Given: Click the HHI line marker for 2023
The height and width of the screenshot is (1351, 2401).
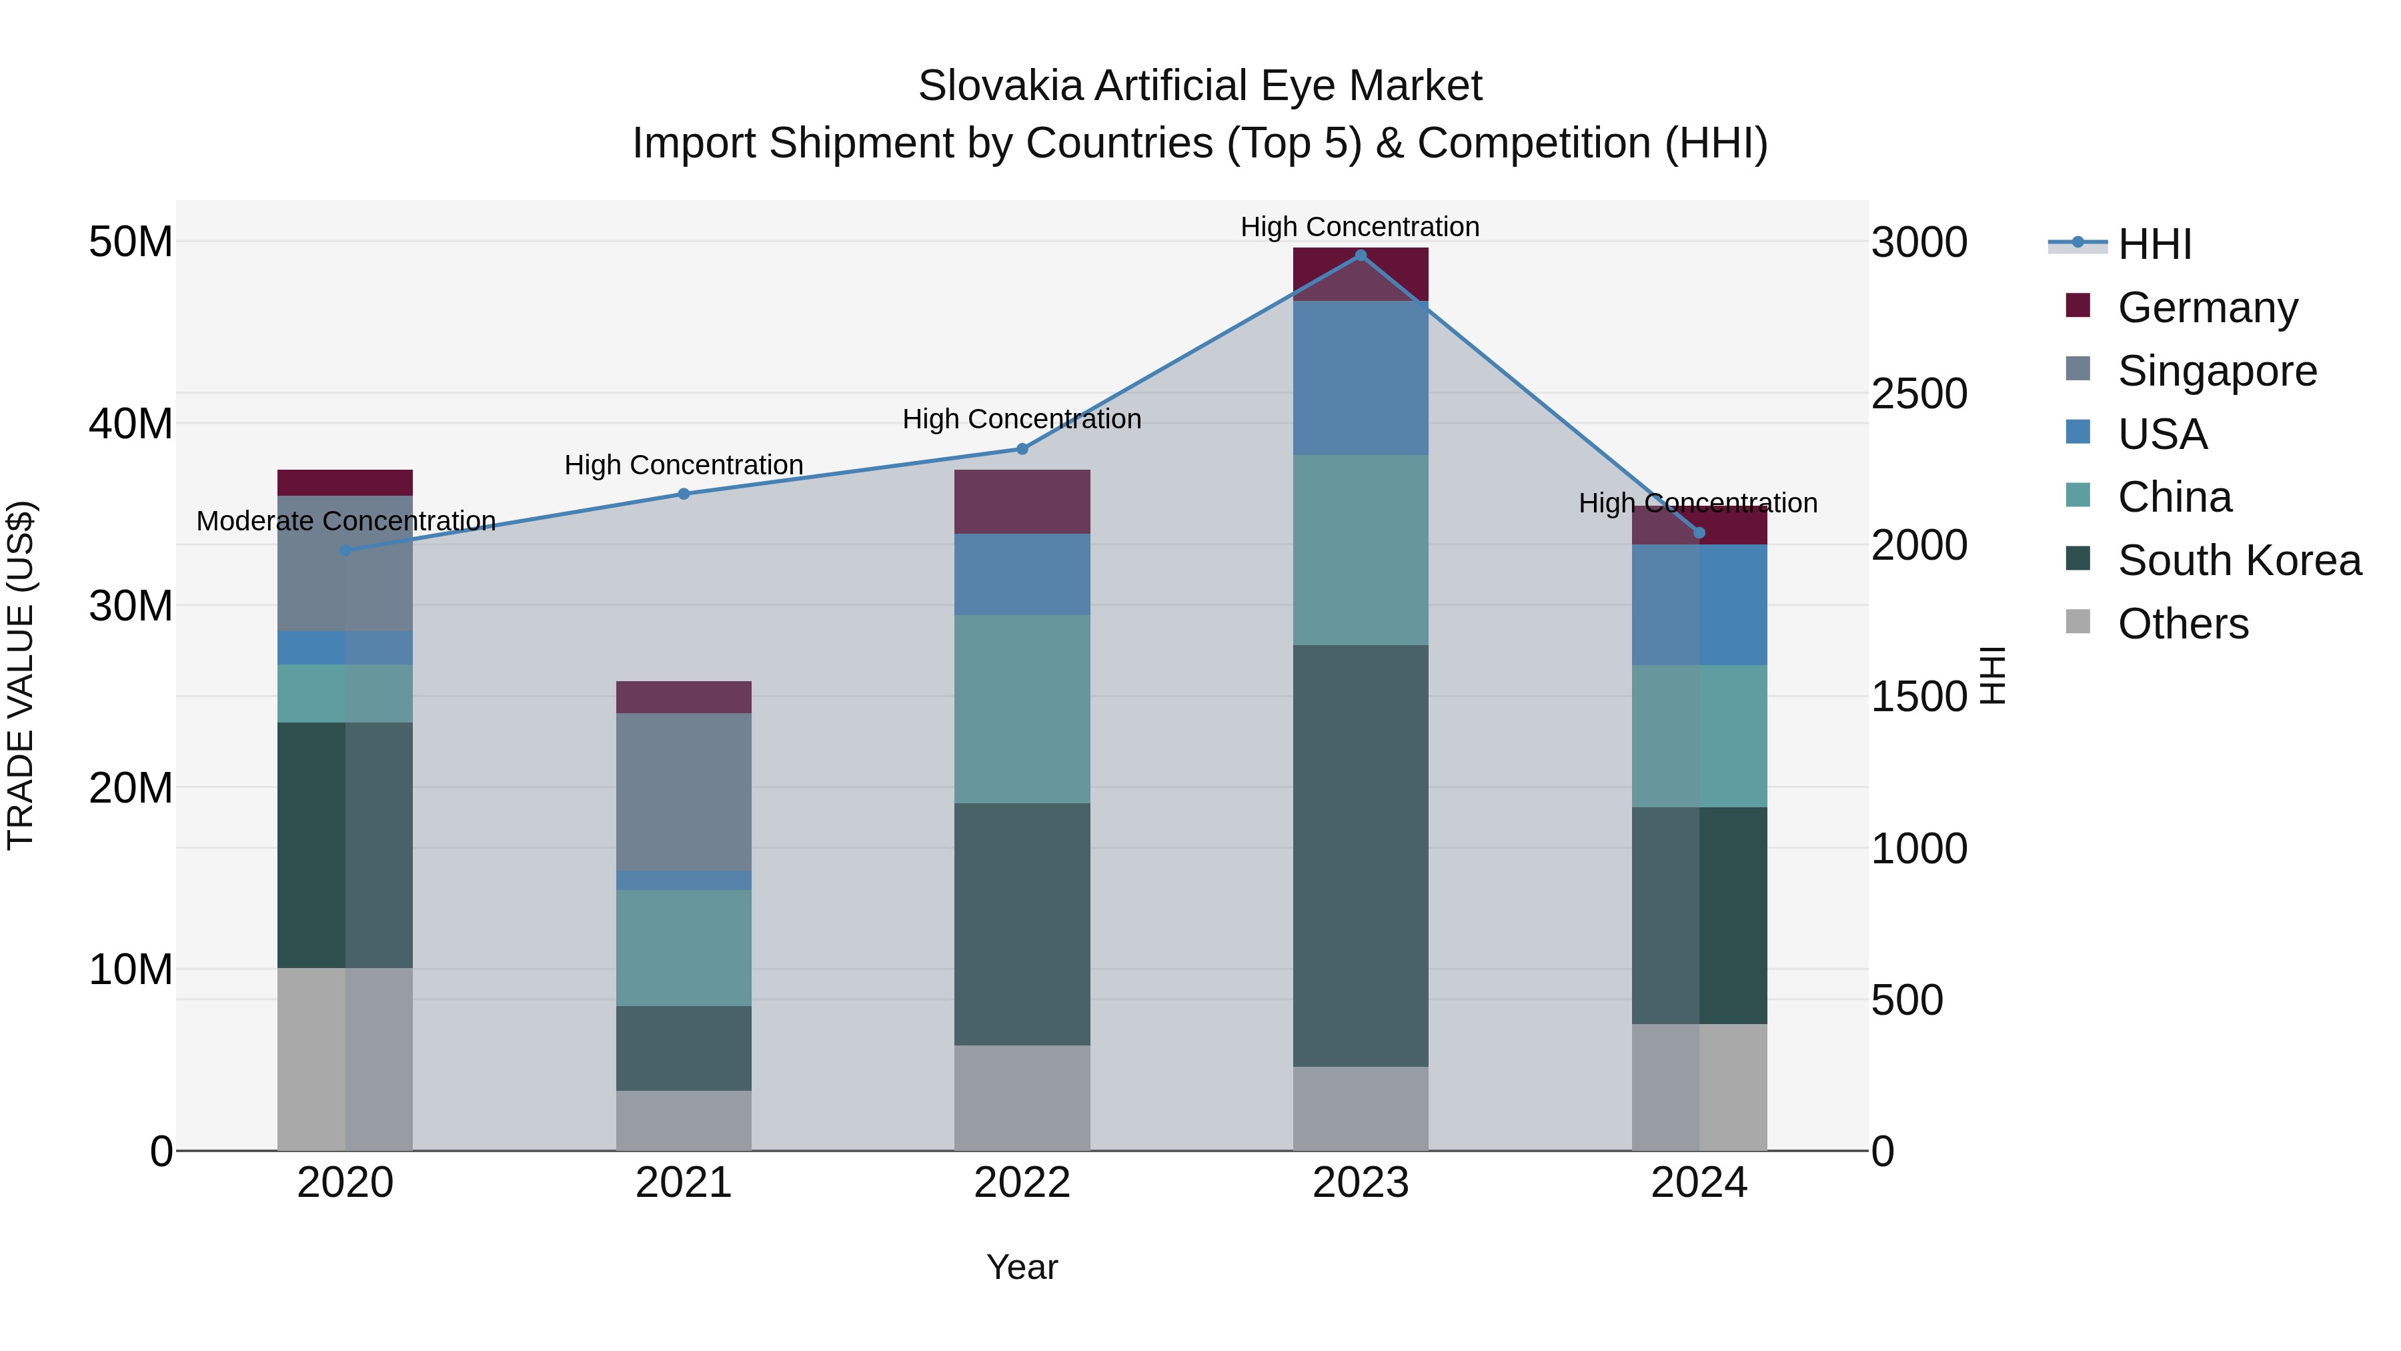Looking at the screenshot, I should pyautogui.click(x=1360, y=256).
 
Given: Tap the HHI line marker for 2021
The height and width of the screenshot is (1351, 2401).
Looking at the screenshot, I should pyautogui.click(x=683, y=494).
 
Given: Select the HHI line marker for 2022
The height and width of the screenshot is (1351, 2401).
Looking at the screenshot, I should pyautogui.click(x=1022, y=448).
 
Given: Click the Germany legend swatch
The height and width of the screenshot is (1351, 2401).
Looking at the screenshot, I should pyautogui.click(x=2078, y=306).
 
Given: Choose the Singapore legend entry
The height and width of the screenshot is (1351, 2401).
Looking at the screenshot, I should pyautogui.click(x=2216, y=371).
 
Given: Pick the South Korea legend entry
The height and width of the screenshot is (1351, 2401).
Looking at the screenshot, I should pyautogui.click(x=2239, y=560).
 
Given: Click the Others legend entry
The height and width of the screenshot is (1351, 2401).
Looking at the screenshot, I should pyautogui.click(x=2182, y=624).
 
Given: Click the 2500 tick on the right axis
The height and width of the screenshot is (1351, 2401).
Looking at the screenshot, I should pyautogui.click(x=1919, y=394).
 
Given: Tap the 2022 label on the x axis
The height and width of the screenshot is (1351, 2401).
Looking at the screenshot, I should pyautogui.click(x=1022, y=1183).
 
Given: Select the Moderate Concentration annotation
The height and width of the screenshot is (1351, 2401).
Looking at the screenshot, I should pyautogui.click(x=345, y=521).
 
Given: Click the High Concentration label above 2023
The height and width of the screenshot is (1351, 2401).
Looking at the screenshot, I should pyautogui.click(x=1360, y=227).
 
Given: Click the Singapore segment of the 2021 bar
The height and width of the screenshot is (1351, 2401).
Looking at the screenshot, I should pyautogui.click(x=683, y=791).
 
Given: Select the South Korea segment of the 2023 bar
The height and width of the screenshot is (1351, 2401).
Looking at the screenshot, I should pyautogui.click(x=1360, y=855).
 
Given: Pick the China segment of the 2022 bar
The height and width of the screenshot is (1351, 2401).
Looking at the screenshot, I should pyautogui.click(x=1022, y=709).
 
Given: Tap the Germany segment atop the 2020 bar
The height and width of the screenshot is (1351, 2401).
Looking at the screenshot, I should pyautogui.click(x=345, y=482).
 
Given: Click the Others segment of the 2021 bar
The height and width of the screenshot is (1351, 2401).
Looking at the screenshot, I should pyautogui.click(x=683, y=1119).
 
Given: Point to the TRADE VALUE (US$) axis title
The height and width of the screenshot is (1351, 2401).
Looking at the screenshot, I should pyautogui.click(x=21, y=675).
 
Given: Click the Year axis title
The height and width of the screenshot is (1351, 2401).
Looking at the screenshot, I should pyautogui.click(x=1022, y=1267).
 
